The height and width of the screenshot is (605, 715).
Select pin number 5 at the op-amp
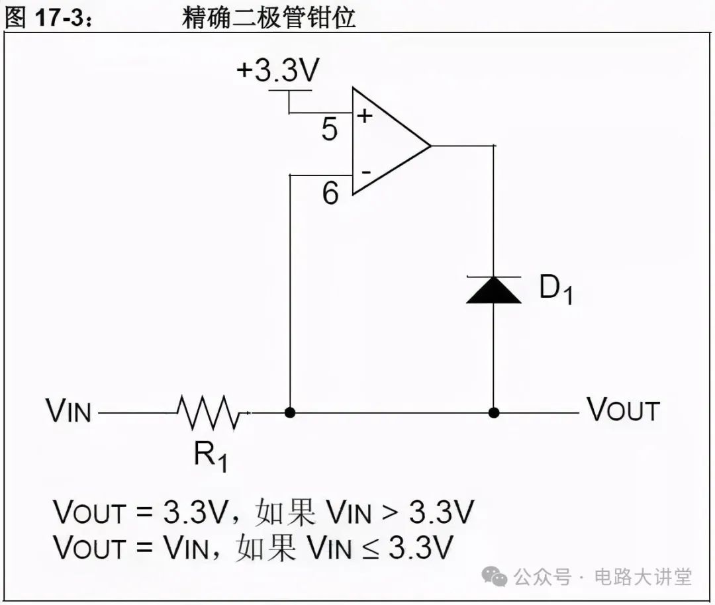point(330,130)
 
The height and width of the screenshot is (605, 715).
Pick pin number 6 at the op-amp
point(330,193)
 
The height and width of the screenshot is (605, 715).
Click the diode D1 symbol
point(493,289)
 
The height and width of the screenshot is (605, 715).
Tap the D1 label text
point(555,290)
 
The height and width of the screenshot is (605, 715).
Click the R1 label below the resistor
point(211,456)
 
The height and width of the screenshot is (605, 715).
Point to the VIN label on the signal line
point(68,411)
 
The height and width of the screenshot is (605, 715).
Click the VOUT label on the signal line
point(624,410)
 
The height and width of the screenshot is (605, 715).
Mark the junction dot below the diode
point(493,412)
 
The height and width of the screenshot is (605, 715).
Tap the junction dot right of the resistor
point(290,412)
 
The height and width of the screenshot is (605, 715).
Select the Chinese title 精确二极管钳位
point(269,17)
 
